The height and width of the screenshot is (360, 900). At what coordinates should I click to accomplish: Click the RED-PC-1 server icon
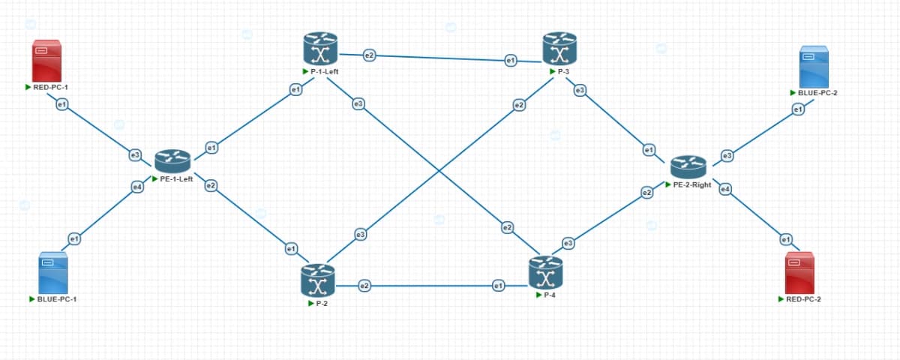pyautogui.click(x=46, y=61)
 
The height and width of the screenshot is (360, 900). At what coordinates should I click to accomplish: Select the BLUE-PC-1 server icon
pyautogui.click(x=53, y=273)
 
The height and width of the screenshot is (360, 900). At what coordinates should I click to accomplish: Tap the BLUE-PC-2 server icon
pyautogui.click(x=814, y=67)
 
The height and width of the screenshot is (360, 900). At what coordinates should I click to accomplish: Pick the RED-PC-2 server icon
pyautogui.click(x=799, y=273)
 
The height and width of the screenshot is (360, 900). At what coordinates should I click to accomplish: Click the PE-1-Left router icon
pyautogui.click(x=172, y=161)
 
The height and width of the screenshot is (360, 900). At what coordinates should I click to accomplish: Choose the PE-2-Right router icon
pyautogui.click(x=688, y=167)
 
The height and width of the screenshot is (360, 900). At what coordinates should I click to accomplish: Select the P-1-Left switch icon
pyautogui.click(x=320, y=49)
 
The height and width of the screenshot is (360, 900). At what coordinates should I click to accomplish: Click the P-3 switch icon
pyautogui.click(x=559, y=49)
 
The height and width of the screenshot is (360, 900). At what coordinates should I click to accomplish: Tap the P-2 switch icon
pyautogui.click(x=318, y=280)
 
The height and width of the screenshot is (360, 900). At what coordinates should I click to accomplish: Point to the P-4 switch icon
pyautogui.click(x=546, y=273)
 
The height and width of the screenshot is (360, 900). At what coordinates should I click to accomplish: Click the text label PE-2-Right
pyautogui.click(x=692, y=184)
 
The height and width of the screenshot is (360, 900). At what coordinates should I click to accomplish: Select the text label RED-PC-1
pyautogui.click(x=51, y=87)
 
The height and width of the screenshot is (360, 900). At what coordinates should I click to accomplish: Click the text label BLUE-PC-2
pyautogui.click(x=817, y=93)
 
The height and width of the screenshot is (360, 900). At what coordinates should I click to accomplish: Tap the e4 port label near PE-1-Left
pyautogui.click(x=137, y=187)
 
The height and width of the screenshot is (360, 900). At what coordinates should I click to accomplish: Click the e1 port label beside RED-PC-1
pyautogui.click(x=61, y=105)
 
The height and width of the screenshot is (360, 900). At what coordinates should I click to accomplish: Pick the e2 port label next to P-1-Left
pyautogui.click(x=369, y=55)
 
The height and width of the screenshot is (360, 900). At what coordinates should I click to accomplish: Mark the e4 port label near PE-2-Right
pyautogui.click(x=725, y=189)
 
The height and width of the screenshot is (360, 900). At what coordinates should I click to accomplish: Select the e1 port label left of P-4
pyautogui.click(x=498, y=286)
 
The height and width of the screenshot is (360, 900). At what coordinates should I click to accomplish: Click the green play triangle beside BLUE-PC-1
pyautogui.click(x=32, y=299)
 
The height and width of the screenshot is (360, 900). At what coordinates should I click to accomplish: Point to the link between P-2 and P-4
pyautogui.click(x=432, y=286)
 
